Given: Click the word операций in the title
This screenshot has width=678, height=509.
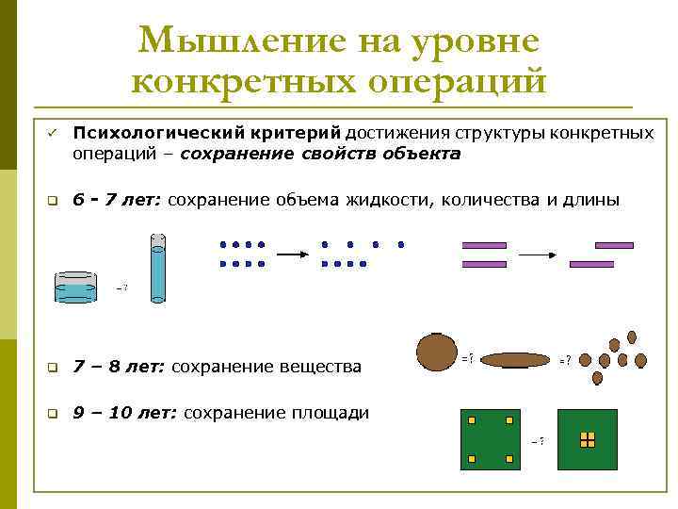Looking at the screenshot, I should tap(456, 81).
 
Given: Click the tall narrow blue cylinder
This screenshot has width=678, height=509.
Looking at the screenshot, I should tap(157, 268).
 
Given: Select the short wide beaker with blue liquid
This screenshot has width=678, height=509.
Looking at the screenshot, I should tap(75, 287).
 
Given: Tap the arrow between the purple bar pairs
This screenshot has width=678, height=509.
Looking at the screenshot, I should tap(539, 254).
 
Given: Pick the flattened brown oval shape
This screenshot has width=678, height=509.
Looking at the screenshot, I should tap(517, 359).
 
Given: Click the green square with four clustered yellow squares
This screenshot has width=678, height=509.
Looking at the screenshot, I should tap(588, 439).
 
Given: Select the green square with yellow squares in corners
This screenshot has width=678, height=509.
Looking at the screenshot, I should tap(488, 439).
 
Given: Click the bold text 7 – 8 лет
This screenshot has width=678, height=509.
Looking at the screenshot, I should tap(119, 366).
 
